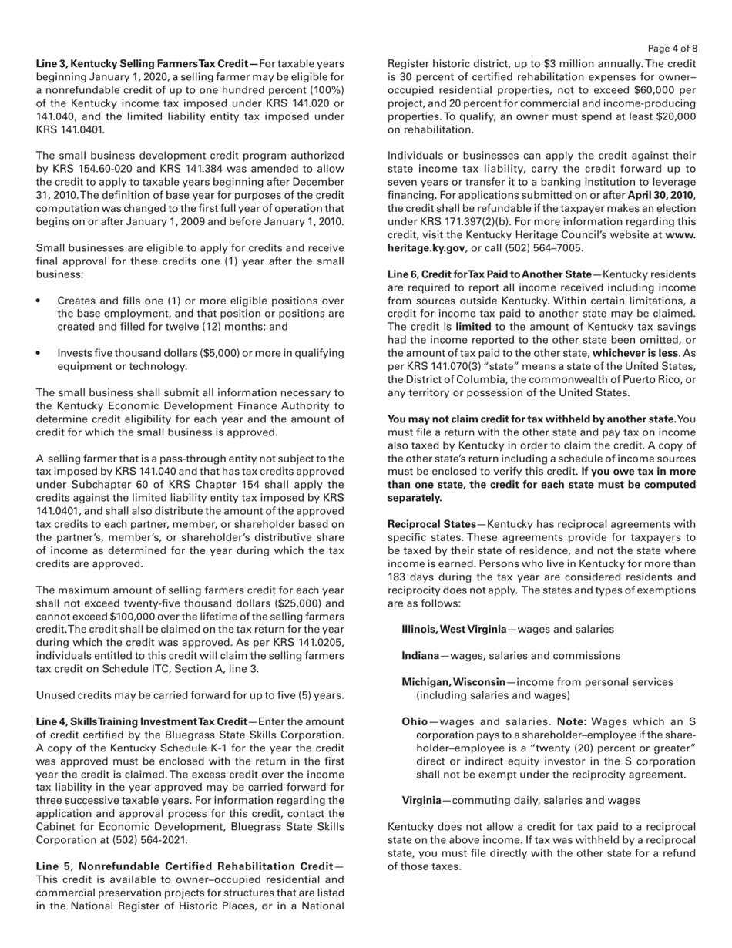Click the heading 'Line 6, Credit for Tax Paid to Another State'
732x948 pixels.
489,275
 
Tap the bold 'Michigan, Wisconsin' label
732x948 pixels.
453,682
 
